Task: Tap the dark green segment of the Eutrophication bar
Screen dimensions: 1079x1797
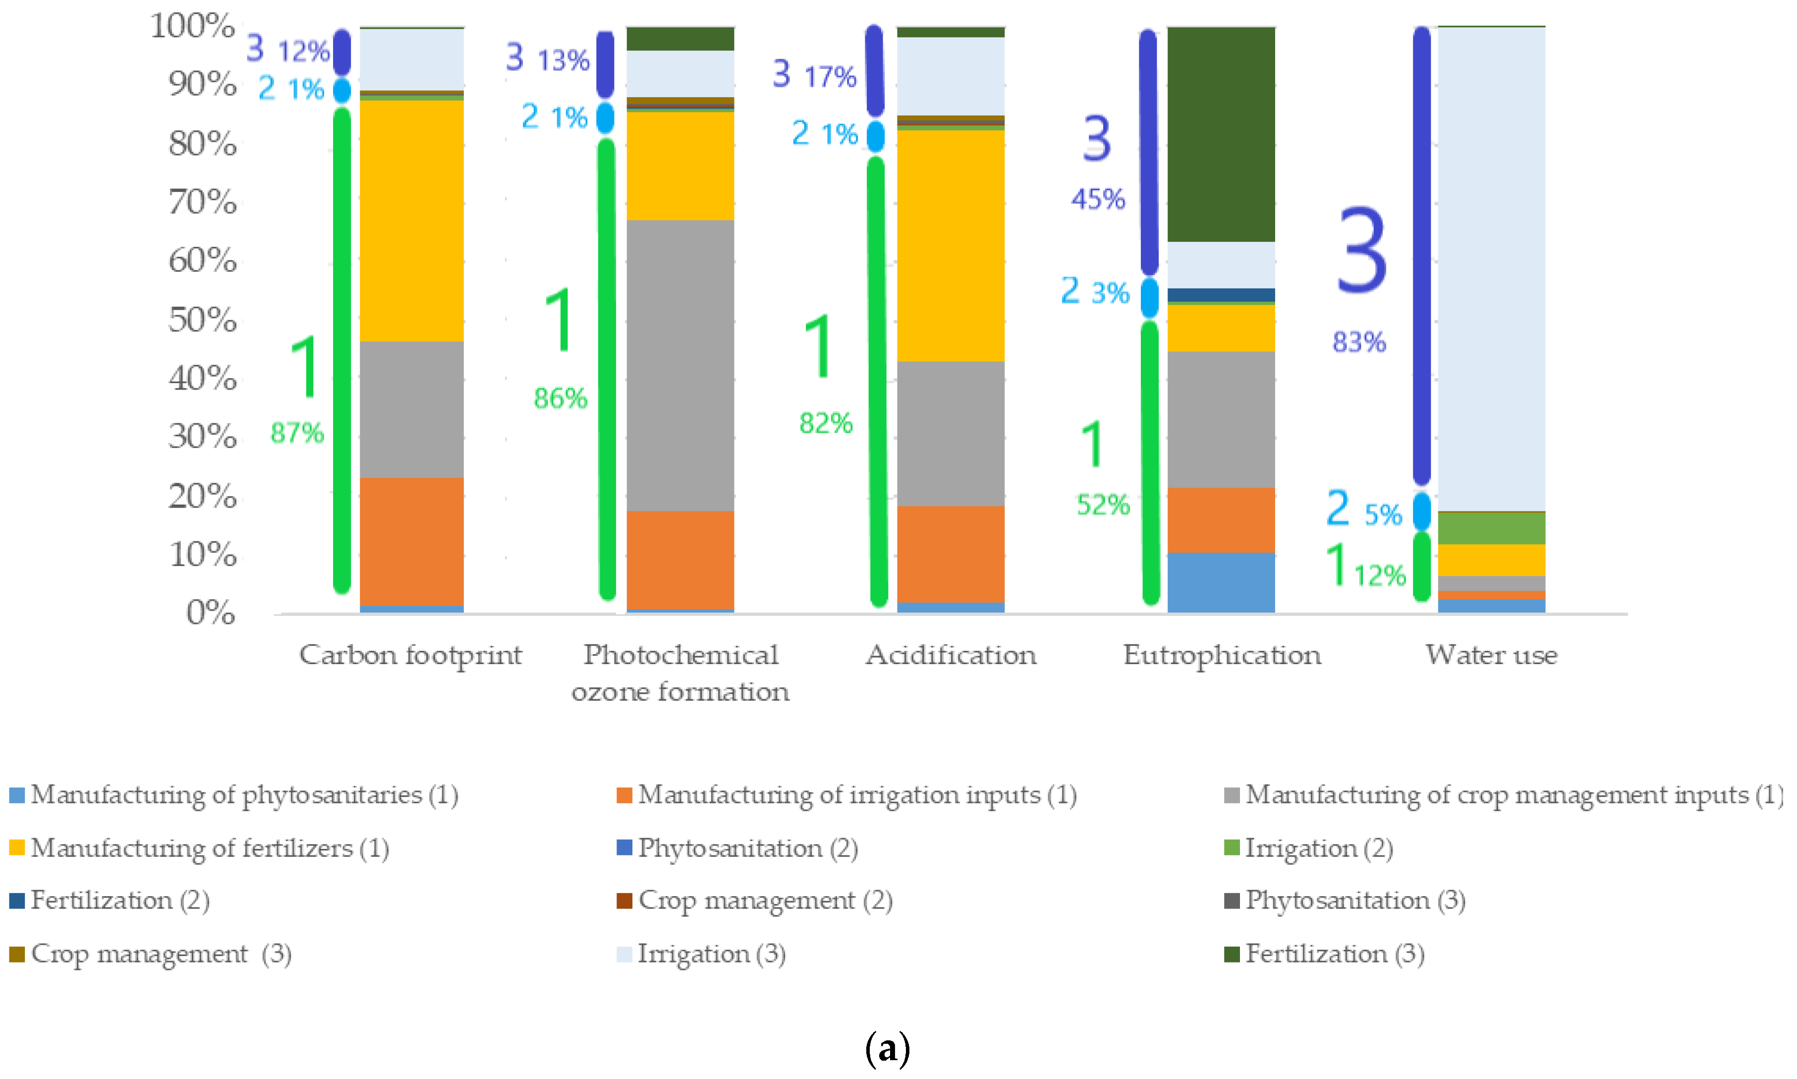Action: [x=1221, y=134]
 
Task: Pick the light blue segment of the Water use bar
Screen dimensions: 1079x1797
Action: [x=1491, y=269]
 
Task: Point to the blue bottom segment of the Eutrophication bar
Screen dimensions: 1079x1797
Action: [x=1221, y=582]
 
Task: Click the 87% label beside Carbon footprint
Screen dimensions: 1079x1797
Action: [x=296, y=433]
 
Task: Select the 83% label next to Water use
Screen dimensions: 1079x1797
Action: [x=1359, y=341]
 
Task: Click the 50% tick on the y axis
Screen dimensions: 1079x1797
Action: [x=202, y=320]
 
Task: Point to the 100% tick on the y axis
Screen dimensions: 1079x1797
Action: [x=193, y=26]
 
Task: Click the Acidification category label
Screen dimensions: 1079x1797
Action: [x=950, y=655]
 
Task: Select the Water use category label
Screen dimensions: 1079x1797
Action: [x=1491, y=655]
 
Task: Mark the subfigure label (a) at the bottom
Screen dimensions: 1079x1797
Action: [x=888, y=1048]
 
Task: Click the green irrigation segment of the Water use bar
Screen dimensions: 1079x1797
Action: [x=1491, y=528]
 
